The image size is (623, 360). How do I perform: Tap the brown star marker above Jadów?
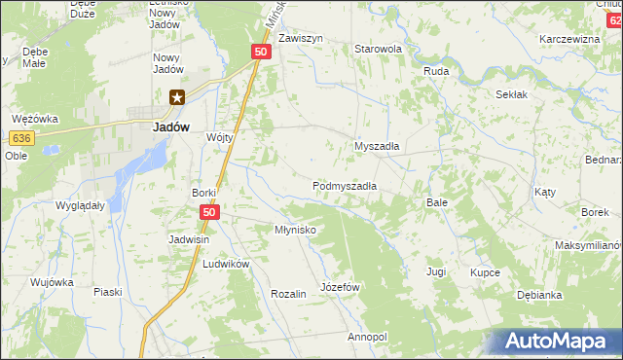[x=177, y=96]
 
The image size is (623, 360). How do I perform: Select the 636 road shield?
[x=24, y=138]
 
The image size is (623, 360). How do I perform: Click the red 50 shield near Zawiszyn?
[x=260, y=52]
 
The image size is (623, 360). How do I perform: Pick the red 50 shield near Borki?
[x=209, y=211]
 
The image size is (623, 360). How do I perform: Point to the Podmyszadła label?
[x=345, y=185]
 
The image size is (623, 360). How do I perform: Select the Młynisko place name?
[x=295, y=230]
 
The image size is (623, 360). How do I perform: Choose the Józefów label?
[x=341, y=288]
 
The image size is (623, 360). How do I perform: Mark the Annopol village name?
[x=367, y=337]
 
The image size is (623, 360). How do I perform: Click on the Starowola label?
[x=379, y=49]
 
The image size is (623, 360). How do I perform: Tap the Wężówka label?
[x=35, y=119]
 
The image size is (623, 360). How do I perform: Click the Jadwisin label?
[x=191, y=239]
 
